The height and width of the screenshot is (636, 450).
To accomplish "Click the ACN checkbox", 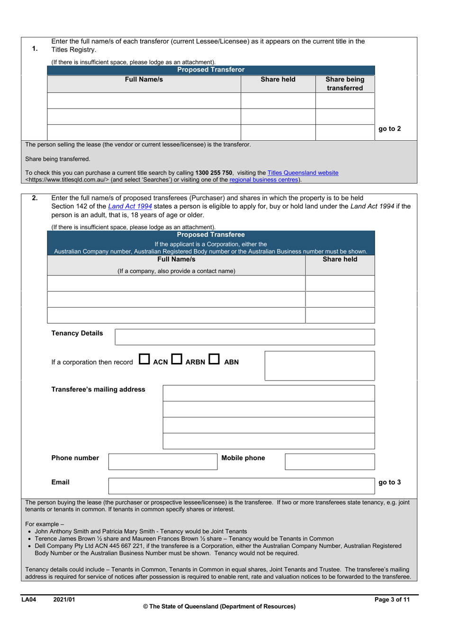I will point(144,360).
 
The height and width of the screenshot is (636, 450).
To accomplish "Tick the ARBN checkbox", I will point(177,360).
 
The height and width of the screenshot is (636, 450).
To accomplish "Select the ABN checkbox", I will point(214,360).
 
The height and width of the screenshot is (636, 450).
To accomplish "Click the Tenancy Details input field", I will point(244,337).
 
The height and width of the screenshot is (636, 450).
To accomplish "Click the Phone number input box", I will point(162,462).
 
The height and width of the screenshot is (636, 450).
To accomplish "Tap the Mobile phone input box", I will point(330,462).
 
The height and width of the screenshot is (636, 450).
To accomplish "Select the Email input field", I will point(241,486).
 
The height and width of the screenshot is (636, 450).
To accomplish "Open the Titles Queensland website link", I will point(303,173).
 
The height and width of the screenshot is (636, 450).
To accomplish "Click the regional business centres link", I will point(264,180).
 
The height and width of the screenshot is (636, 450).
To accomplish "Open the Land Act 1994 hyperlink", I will point(130,206).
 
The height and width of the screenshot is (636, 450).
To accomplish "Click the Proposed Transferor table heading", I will point(211,70).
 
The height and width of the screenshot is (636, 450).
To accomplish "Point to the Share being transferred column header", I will point(345,83).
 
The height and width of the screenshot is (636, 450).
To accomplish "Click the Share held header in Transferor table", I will point(278,80).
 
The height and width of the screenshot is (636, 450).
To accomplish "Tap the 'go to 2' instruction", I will point(389,129).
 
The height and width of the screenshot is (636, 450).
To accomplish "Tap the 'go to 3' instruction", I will point(389,482).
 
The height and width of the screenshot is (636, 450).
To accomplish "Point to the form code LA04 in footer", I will point(29,600).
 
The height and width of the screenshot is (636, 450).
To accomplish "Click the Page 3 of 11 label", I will point(392,600).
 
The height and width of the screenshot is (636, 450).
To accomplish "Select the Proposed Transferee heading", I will point(211,235).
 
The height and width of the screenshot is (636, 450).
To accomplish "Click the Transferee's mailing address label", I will point(98,390).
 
